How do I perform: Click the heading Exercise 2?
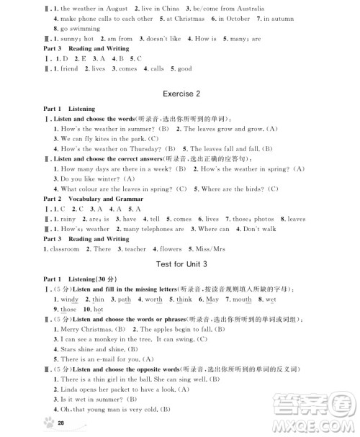point(179,94)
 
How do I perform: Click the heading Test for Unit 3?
point(179,264)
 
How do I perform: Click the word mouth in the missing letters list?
point(242,299)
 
